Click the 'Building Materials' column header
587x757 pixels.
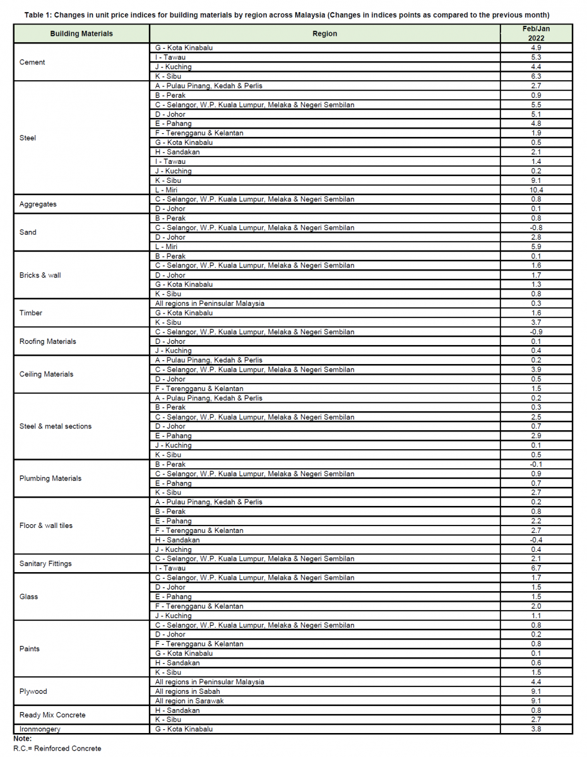pyautogui.click(x=81, y=33)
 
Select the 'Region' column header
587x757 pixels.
pyautogui.click(x=325, y=33)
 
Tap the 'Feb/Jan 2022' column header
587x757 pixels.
pyautogui.click(x=536, y=33)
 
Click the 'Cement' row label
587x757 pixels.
pyautogui.click(x=32, y=62)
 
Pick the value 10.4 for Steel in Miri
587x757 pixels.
pyautogui.click(x=537, y=190)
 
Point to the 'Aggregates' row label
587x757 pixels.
pyautogui.click(x=38, y=204)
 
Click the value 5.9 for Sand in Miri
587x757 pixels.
pyautogui.click(x=537, y=247)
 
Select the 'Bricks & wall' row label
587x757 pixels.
pyautogui.click(x=40, y=275)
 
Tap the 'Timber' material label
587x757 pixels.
pyautogui.click(x=31, y=313)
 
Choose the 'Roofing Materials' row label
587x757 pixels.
pyautogui.click(x=48, y=341)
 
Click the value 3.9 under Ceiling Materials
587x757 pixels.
pyautogui.click(x=537, y=370)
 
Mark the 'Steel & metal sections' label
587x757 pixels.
pyautogui.click(x=56, y=426)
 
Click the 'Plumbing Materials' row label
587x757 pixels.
pyautogui.click(x=50, y=478)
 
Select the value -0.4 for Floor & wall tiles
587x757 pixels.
pyautogui.click(x=537, y=540)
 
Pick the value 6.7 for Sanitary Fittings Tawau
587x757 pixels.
pyautogui.click(x=537, y=568)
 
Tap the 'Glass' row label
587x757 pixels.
pyautogui.click(x=29, y=597)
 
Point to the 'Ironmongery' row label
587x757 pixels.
pyautogui.click(x=40, y=729)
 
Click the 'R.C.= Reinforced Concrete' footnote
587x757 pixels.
pyautogui.click(x=57, y=748)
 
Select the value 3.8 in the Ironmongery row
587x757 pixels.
pyautogui.click(x=537, y=729)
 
